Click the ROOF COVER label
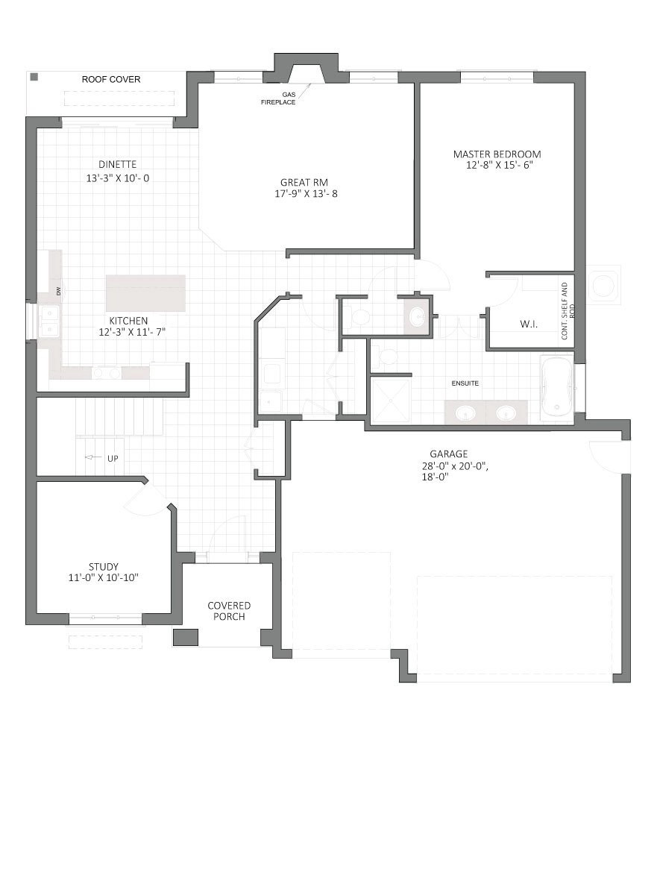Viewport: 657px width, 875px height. tap(111, 79)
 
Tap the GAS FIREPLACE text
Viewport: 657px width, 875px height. tap(278, 98)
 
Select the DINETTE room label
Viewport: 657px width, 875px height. tap(117, 165)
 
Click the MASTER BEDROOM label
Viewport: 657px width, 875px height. tap(497, 154)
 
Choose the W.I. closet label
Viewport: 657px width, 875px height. tap(529, 324)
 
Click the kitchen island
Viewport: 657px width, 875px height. tap(145, 293)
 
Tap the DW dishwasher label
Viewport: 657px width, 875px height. tap(58, 291)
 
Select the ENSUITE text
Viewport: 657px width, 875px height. tap(465, 383)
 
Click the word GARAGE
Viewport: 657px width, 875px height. tap(448, 454)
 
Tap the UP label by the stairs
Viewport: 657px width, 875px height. tap(113, 458)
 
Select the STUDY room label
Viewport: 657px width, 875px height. tap(104, 567)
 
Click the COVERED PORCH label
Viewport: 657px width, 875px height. tap(229, 611)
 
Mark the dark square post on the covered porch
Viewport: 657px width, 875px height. tap(186, 637)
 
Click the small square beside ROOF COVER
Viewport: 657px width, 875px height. tap(34, 77)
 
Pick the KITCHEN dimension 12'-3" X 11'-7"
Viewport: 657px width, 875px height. tap(132, 332)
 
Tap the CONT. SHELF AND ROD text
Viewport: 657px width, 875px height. tap(565, 311)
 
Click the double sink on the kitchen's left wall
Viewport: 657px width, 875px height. tap(50, 322)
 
